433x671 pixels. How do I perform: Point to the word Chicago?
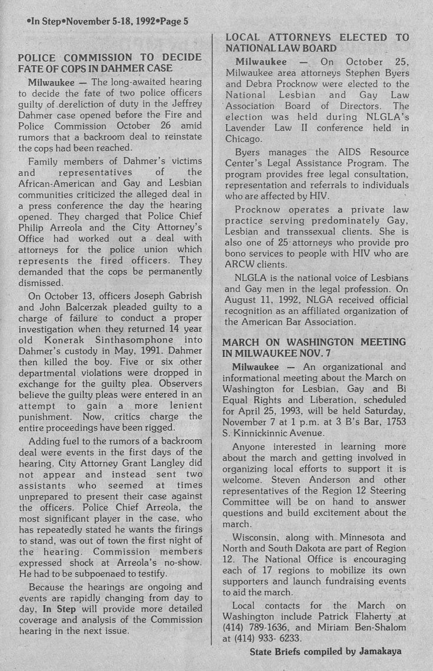[x=243, y=139]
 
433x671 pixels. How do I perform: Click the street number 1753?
[x=393, y=421]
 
